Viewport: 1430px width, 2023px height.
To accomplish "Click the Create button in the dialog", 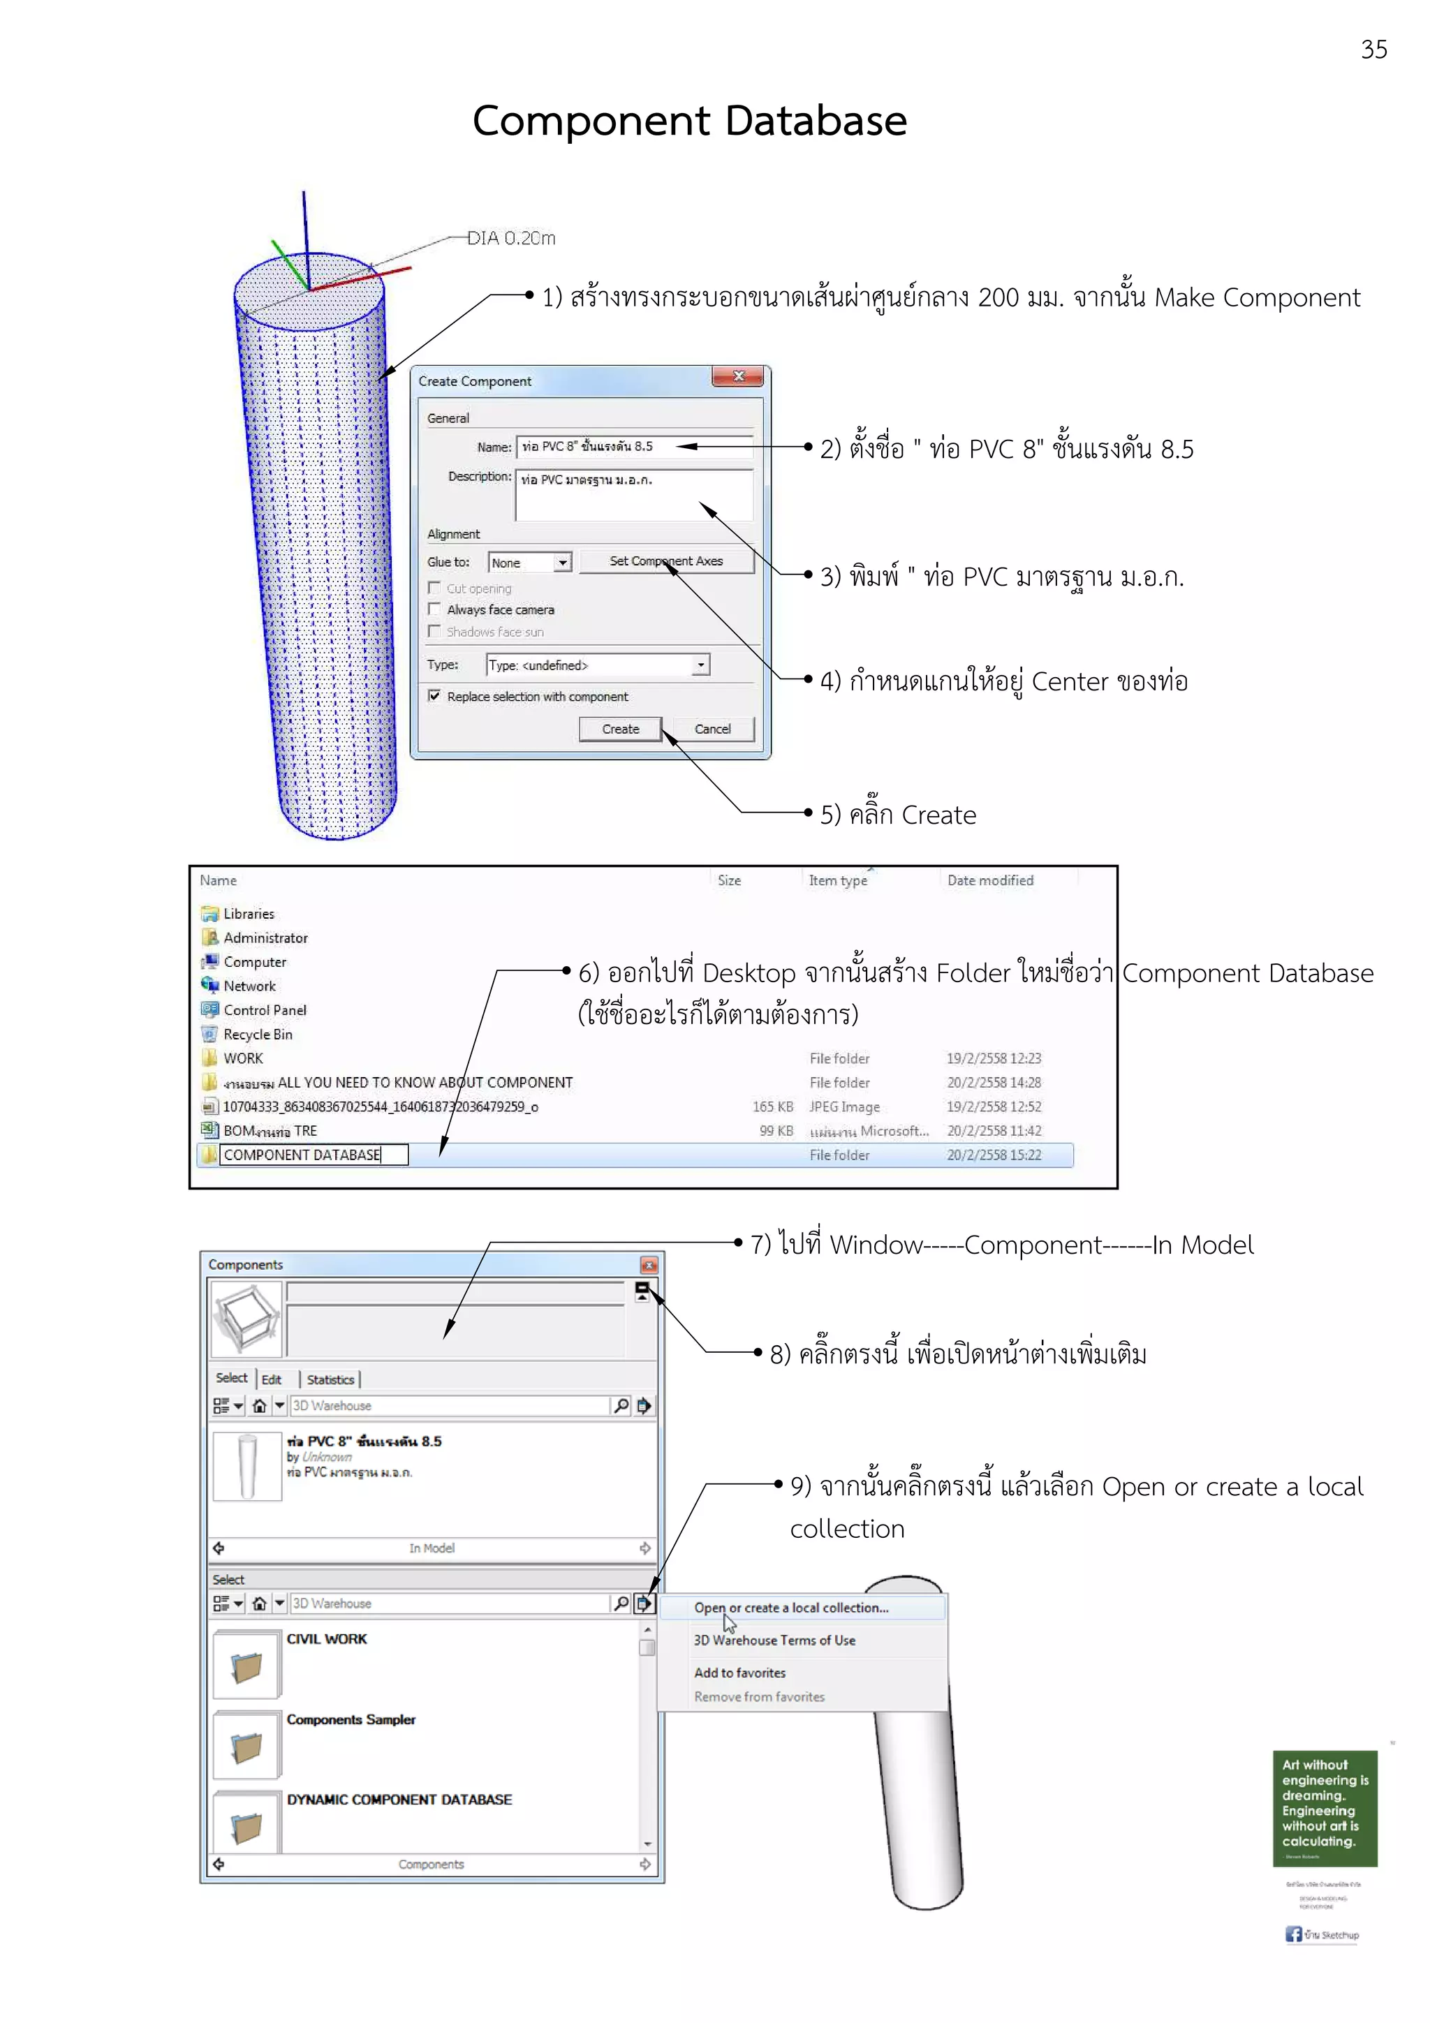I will pyautogui.click(x=620, y=729).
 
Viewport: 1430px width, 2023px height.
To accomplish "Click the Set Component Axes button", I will pyautogui.click(x=666, y=561).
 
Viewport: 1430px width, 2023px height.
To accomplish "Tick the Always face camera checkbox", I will pyautogui.click(x=434, y=609).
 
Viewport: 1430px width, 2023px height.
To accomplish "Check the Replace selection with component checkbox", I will pyautogui.click(x=434, y=696).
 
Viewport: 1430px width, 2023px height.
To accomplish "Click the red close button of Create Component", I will pyautogui.click(x=738, y=377).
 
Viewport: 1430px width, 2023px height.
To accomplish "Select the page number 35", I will pyautogui.click(x=1373, y=50).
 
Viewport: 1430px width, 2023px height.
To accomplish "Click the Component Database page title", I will pyautogui.click(x=689, y=121).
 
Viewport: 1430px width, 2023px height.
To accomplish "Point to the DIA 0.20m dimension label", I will pyautogui.click(x=511, y=238).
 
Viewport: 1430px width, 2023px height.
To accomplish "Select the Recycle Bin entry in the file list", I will pyautogui.click(x=257, y=1035).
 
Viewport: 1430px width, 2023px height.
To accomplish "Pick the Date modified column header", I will pyautogui.click(x=989, y=880).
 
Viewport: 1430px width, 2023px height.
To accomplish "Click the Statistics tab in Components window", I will pyautogui.click(x=330, y=1380).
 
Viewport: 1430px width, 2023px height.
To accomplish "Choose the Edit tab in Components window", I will pyautogui.click(x=272, y=1380).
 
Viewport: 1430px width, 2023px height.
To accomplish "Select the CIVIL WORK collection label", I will pyautogui.click(x=327, y=1639).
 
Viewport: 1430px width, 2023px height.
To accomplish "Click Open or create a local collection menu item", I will pyautogui.click(x=791, y=1608).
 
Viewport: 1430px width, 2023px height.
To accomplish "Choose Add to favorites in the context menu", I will pyautogui.click(x=739, y=1673).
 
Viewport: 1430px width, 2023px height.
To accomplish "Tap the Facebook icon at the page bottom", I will pyautogui.click(x=1292, y=1934).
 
